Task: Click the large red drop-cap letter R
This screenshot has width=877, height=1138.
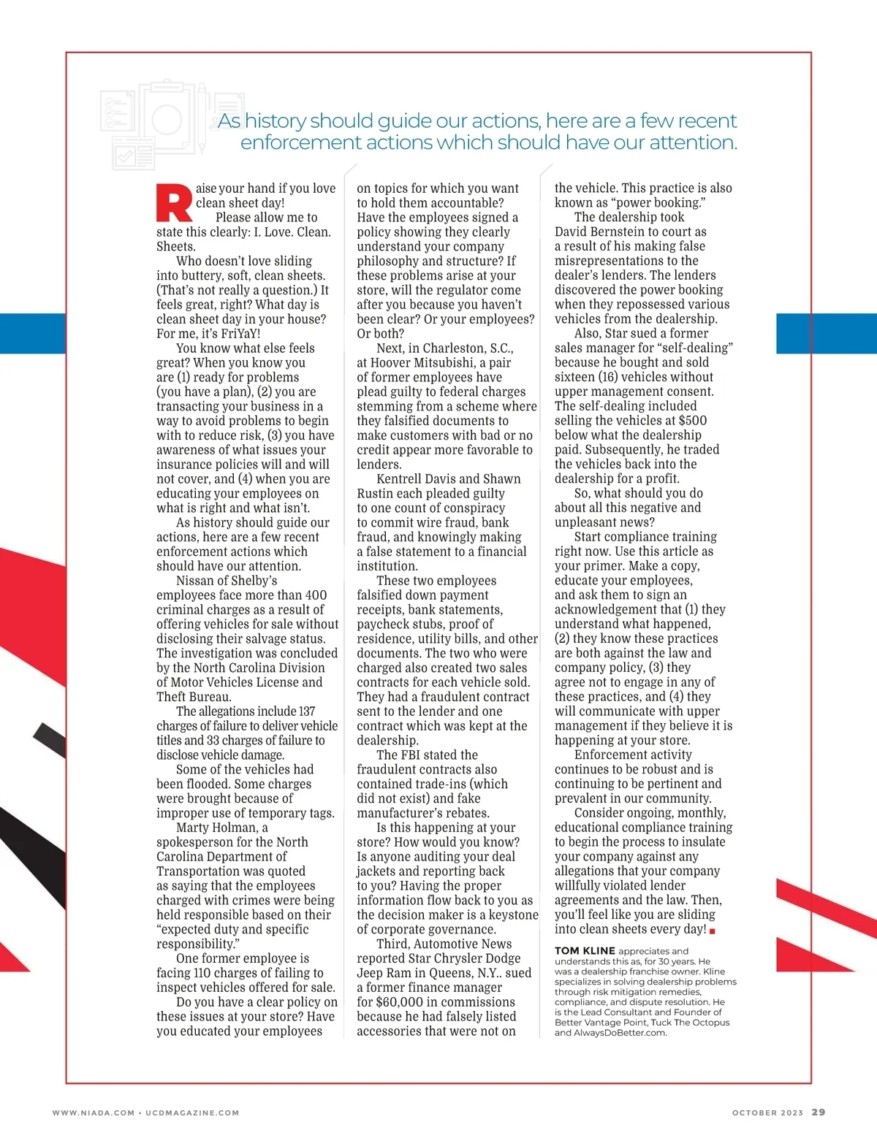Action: tap(174, 202)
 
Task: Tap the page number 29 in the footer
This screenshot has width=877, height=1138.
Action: tap(819, 1112)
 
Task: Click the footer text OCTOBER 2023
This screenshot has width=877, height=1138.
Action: tap(767, 1112)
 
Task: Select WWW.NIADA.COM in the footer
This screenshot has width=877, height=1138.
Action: tap(94, 1112)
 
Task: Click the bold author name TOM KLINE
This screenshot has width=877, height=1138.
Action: tap(584, 951)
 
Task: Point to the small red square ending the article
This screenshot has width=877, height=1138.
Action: tap(713, 931)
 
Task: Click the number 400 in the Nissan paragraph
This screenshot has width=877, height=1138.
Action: tap(316, 595)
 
